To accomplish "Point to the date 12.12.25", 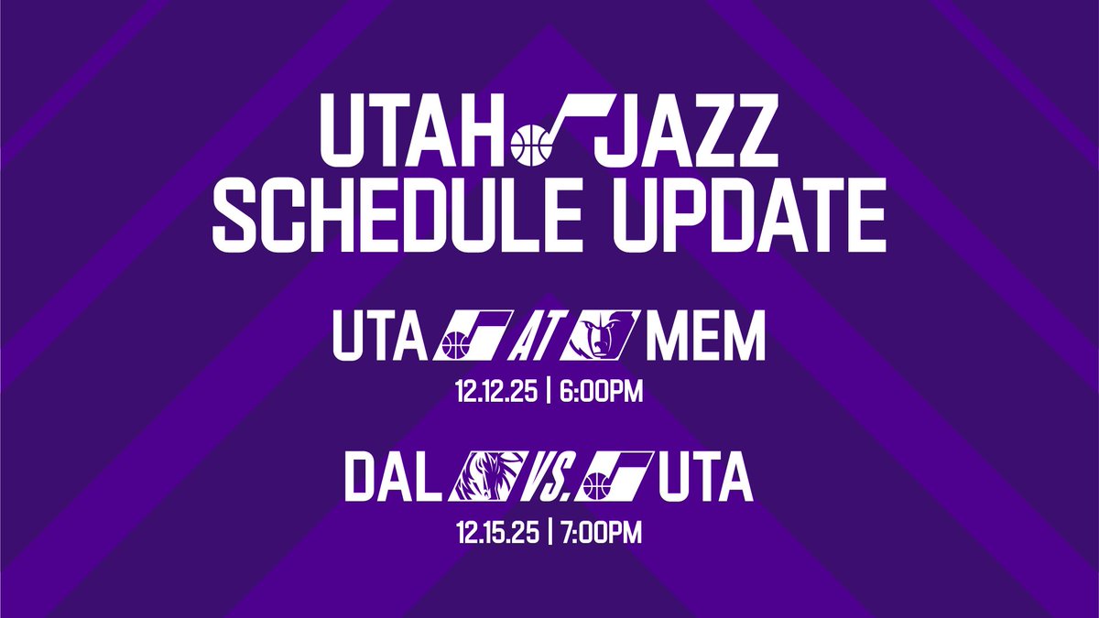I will point(495,394).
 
